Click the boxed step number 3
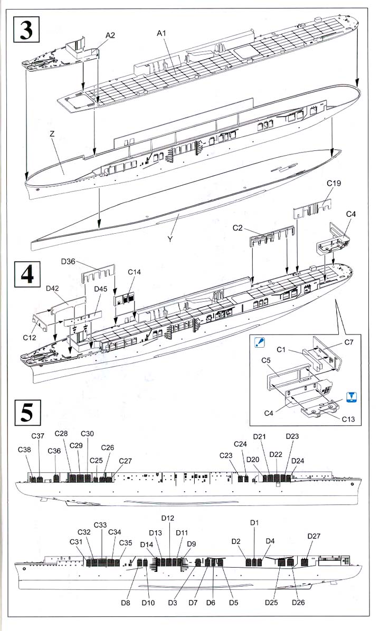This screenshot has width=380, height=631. click(x=26, y=29)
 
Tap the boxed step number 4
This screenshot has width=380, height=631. click(x=27, y=274)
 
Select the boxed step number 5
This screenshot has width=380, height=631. click(x=27, y=412)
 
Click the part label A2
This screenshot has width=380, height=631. click(x=110, y=35)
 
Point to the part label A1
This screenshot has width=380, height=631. click(x=161, y=33)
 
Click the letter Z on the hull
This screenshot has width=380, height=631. click(x=52, y=135)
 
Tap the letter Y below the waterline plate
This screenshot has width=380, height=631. click(x=170, y=239)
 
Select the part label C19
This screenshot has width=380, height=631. click(x=334, y=184)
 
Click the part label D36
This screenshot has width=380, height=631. click(x=69, y=262)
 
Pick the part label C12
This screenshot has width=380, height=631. click(x=30, y=338)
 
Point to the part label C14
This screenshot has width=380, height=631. click(x=135, y=272)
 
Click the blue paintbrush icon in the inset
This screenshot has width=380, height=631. click(x=260, y=343)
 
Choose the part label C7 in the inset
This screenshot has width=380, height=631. click(x=349, y=342)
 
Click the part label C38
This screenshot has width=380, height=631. click(x=25, y=450)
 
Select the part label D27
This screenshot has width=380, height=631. click(x=314, y=536)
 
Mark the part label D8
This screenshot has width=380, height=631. click(x=126, y=603)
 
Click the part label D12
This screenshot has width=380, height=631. click(x=168, y=518)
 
